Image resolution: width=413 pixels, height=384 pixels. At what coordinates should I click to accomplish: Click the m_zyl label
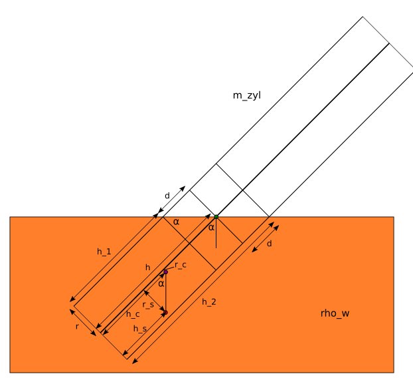tap(247, 96)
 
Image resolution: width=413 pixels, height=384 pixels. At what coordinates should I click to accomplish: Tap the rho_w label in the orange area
tap(335, 313)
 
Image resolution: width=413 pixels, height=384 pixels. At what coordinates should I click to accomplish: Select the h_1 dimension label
tap(104, 252)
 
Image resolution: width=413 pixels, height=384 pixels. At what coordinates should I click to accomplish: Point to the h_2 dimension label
tap(209, 301)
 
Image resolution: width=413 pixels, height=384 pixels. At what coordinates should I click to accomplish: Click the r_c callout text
tap(181, 265)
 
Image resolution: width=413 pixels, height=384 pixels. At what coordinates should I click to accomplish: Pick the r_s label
tap(148, 305)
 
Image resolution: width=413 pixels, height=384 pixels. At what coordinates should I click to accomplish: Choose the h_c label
tap(133, 314)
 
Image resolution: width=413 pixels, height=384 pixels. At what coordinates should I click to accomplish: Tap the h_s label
tap(140, 329)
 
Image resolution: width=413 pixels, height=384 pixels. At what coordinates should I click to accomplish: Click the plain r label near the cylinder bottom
tap(77, 327)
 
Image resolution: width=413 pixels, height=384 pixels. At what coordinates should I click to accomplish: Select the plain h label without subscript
tap(148, 268)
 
